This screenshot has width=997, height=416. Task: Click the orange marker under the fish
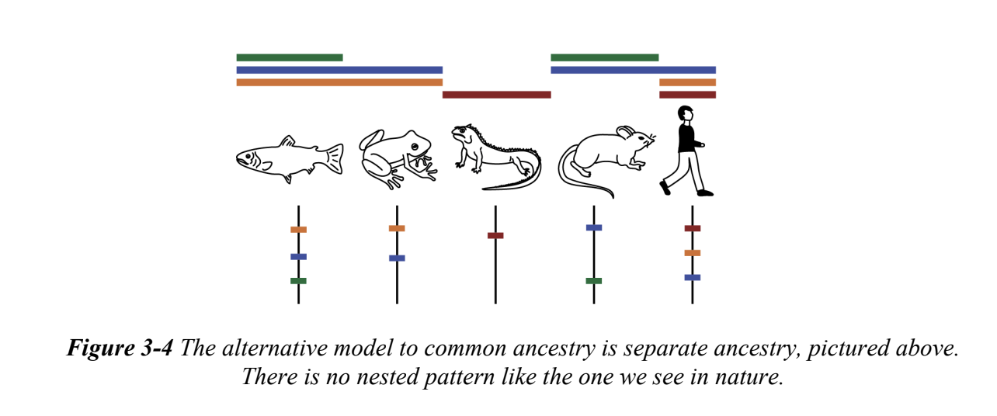[x=298, y=230]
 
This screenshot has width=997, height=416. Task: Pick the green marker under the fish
[x=298, y=281]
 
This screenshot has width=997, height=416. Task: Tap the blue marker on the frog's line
[x=397, y=258]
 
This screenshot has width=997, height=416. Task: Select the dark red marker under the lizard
[x=495, y=235]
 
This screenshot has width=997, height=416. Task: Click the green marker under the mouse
[x=593, y=281]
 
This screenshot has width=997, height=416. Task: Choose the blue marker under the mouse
[x=593, y=227]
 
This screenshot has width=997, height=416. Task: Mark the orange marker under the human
[x=692, y=253]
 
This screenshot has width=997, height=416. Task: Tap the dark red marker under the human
[x=692, y=228]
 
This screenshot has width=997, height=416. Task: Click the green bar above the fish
[x=289, y=57]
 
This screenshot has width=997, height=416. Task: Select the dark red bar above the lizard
[x=496, y=95]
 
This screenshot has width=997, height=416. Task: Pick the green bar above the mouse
[x=604, y=57]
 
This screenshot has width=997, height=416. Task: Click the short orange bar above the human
[x=687, y=82]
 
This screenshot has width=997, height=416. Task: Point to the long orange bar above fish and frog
[x=339, y=82]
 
